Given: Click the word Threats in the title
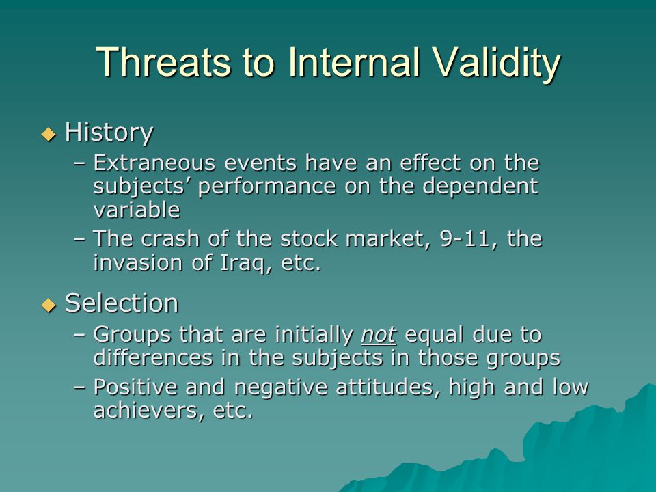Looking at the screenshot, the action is [163, 62].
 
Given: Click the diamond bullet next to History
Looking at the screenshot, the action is [49, 135].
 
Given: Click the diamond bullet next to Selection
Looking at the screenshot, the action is [49, 305].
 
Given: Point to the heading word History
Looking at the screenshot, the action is [109, 133].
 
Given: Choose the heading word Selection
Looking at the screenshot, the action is [122, 303].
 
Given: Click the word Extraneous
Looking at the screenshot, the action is [154, 163].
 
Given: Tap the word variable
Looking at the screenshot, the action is [137, 210].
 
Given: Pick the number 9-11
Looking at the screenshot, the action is [465, 239].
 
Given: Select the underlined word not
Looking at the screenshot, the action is [378, 335].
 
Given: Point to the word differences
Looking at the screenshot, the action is [153, 357].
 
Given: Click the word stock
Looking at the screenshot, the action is [309, 239].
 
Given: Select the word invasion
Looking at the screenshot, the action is [137, 262].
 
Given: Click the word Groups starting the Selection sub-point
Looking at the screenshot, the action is [132, 335].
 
